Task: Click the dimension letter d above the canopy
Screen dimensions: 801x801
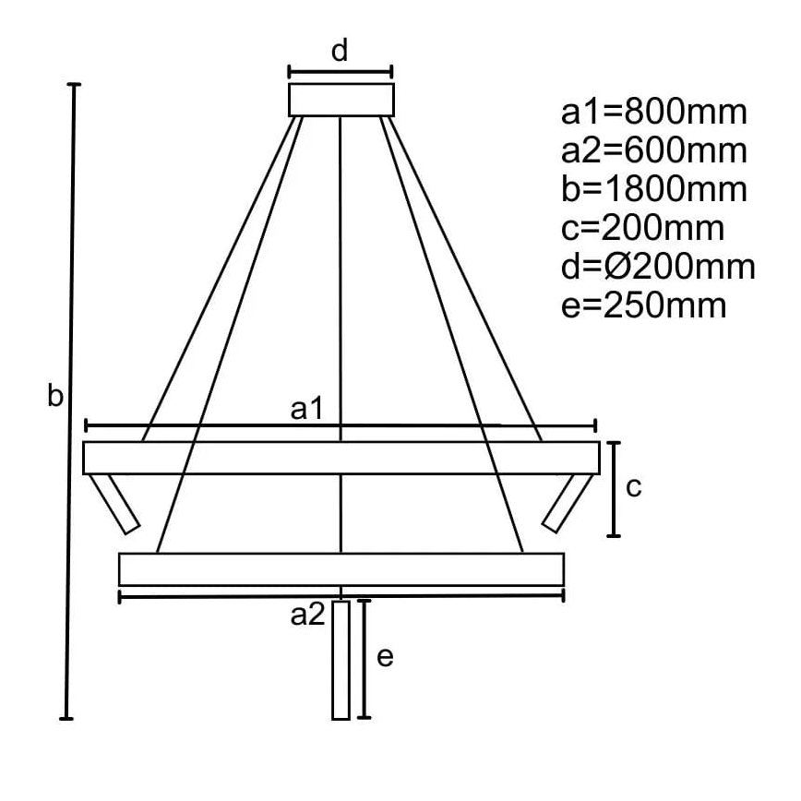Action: pos(340,51)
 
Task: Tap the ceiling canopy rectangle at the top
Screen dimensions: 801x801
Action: pos(341,100)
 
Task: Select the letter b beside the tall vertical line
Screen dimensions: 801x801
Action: pos(55,396)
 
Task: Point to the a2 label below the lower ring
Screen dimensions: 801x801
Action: pos(308,615)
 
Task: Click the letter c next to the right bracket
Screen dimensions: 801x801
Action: pos(633,488)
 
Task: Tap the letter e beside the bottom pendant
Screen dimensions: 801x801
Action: pos(386,657)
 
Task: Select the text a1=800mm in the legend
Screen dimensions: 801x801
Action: pos(653,113)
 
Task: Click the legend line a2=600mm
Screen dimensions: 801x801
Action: pos(653,150)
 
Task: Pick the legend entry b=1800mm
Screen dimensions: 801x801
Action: pos(653,189)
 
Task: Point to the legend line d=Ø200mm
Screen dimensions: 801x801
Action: pos(658,267)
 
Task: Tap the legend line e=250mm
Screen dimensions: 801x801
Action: pos(643,305)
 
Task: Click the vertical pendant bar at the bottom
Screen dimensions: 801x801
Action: pos(341,659)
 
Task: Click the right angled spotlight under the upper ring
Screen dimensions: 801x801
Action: pos(565,503)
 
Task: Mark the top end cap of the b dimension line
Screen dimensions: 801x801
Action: pos(75,85)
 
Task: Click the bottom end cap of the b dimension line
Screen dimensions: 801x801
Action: pos(66,717)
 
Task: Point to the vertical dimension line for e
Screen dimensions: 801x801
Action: pos(365,658)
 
